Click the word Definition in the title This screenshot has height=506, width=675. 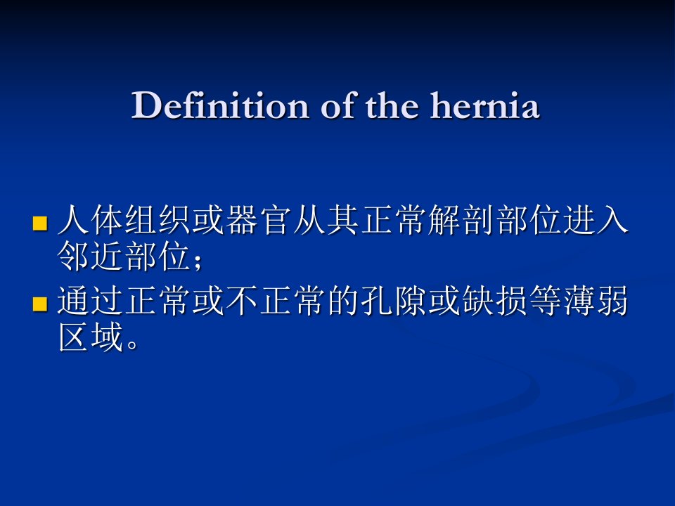(219, 105)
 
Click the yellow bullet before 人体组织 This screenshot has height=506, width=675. (39, 223)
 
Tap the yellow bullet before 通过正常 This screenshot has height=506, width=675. (39, 304)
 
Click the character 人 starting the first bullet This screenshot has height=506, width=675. (73, 220)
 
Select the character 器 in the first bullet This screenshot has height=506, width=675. (241, 220)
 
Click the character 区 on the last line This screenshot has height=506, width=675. (73, 337)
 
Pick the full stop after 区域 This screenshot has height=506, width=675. (133, 344)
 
